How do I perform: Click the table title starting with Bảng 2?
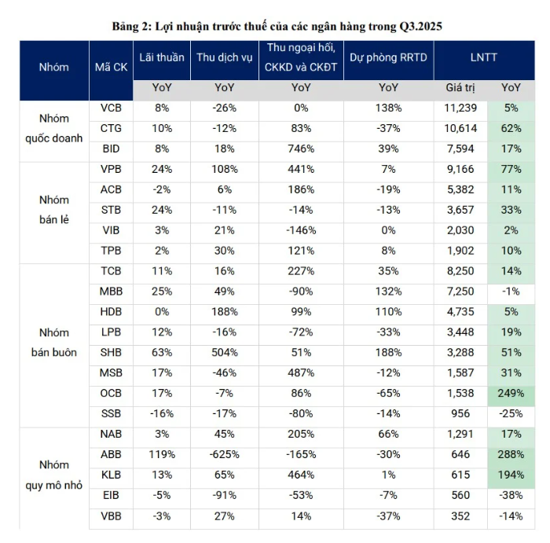(276, 26)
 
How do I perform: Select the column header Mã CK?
(111, 67)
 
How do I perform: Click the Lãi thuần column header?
(162, 57)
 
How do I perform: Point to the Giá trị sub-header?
(460, 88)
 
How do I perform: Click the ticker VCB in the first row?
(111, 108)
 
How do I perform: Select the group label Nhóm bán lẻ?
(54, 210)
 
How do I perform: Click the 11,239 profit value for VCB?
(460, 108)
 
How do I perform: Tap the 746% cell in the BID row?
(301, 149)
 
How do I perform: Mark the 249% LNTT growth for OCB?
(511, 392)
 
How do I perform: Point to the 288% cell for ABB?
(511, 454)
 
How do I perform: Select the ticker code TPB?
(111, 251)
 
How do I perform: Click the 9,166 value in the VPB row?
(460, 169)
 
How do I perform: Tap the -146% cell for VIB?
(301, 230)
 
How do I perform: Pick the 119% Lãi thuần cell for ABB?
(162, 454)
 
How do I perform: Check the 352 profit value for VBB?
(460, 515)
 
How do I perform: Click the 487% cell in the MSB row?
(301, 372)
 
